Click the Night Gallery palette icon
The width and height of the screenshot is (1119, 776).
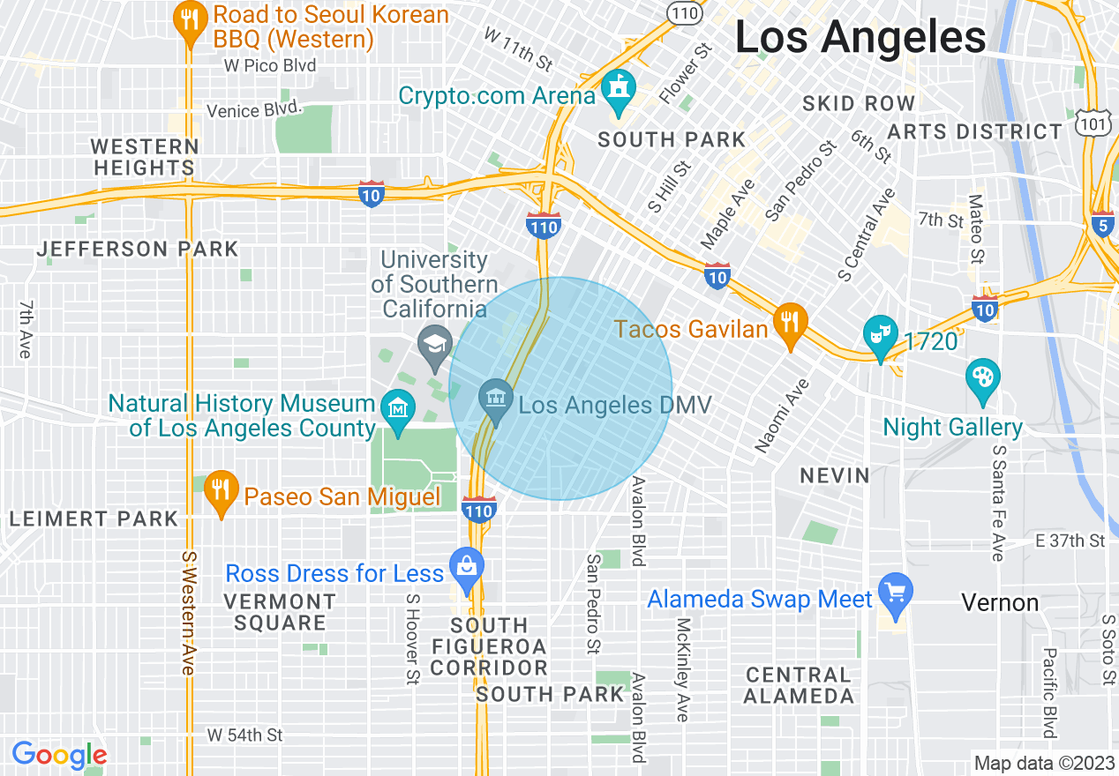pyautogui.click(x=982, y=378)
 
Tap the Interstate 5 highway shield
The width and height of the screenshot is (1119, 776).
pyautogui.click(x=1102, y=224)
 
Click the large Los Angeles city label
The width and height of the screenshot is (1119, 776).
pyautogui.click(x=860, y=38)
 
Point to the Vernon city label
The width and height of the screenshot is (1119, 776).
pyautogui.click(x=1000, y=603)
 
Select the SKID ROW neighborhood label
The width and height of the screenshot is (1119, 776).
pyautogui.click(x=859, y=103)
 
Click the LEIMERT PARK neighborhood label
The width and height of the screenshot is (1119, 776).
pyautogui.click(x=94, y=519)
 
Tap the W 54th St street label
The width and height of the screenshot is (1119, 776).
pyautogui.click(x=245, y=735)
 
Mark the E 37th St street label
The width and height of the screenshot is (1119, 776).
pyautogui.click(x=1070, y=541)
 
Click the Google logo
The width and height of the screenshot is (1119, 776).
pyautogui.click(x=59, y=755)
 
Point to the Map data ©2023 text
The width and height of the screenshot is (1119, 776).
pyautogui.click(x=1042, y=762)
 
